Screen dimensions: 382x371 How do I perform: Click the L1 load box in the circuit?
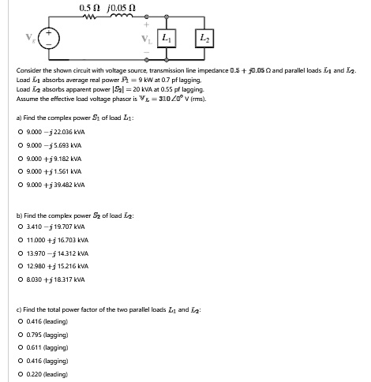coord(167,38)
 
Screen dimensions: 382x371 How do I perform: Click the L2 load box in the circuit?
coord(203,38)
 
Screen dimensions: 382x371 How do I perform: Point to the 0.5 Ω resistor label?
coord(89,8)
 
